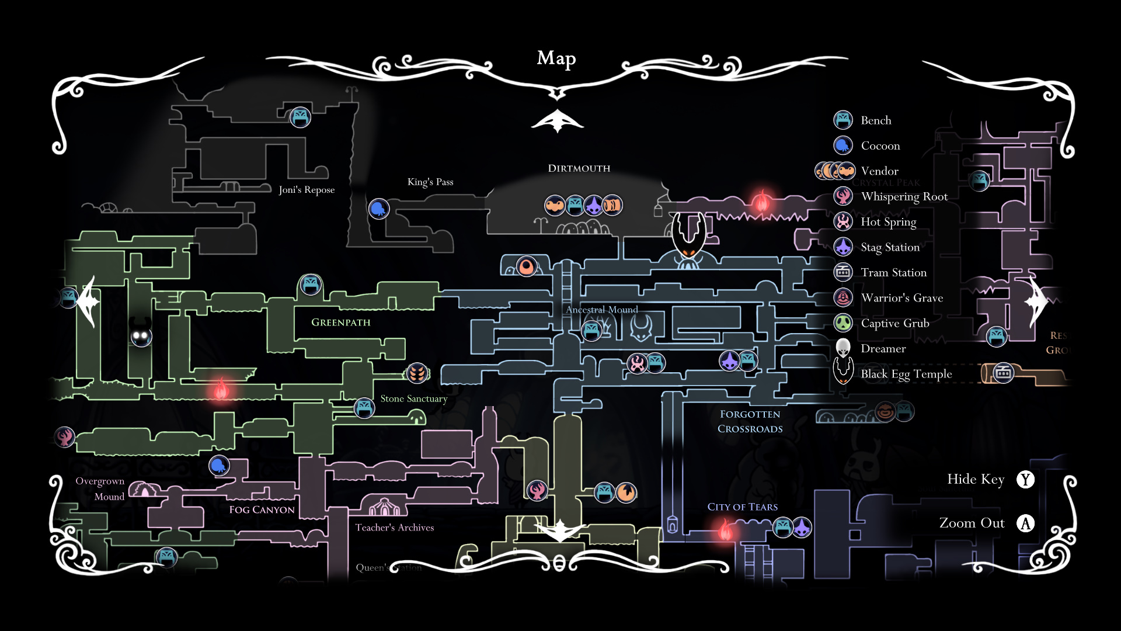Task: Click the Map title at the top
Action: (556, 58)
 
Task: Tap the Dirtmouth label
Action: (579, 168)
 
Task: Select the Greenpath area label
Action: (340, 323)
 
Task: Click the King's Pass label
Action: (430, 182)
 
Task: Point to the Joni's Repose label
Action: (307, 190)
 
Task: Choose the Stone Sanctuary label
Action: (413, 398)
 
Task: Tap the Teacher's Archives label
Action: (395, 528)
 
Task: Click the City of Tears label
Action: (742, 507)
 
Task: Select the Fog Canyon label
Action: (262, 510)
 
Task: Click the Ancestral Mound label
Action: (601, 310)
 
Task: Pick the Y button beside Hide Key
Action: (1025, 480)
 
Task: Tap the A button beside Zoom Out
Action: (1025, 523)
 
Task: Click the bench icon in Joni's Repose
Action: (300, 117)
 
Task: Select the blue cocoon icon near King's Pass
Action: (379, 208)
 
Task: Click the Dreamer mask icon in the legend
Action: (843, 348)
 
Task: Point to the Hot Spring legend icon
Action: (843, 221)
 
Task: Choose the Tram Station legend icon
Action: (843, 272)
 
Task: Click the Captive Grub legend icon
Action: (843, 323)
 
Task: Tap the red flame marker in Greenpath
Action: (221, 389)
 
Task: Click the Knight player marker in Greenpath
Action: (141, 334)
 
